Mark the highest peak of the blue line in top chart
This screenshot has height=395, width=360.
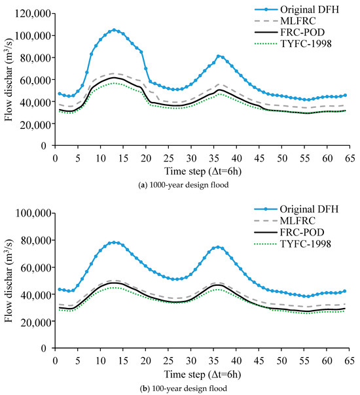(114, 29)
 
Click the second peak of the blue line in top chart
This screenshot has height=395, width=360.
(219, 56)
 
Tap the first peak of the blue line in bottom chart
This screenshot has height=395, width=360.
(114, 242)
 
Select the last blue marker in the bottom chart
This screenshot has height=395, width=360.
(345, 291)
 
